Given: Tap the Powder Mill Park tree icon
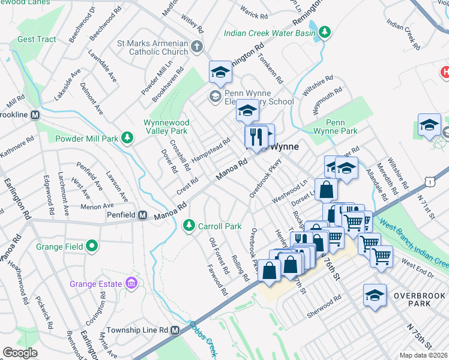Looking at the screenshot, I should (127, 139).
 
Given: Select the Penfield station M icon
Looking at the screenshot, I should (143, 215).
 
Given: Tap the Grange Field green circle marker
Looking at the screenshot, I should (92, 246).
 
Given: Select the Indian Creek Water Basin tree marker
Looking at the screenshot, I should (325, 31).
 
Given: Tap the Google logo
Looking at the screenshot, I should (20, 353).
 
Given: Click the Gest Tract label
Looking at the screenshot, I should (37, 39).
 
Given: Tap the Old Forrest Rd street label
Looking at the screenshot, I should (218, 256).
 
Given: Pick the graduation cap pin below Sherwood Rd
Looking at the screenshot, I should (375, 295).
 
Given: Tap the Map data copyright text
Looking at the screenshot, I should (424, 355).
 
